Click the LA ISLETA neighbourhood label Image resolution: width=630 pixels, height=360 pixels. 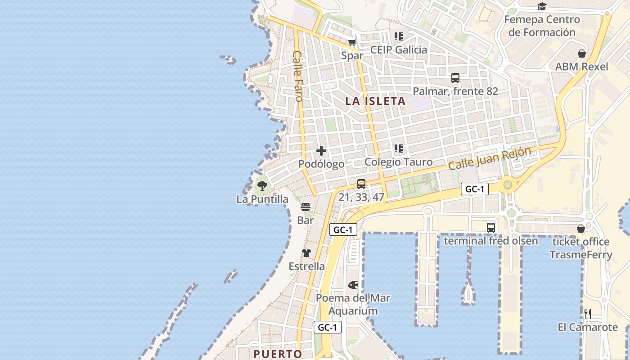tap(375, 101)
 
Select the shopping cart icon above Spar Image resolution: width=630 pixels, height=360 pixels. tap(352, 43)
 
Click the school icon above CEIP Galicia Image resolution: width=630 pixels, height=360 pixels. tap(398, 36)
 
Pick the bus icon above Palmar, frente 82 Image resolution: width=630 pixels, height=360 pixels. tap(455, 78)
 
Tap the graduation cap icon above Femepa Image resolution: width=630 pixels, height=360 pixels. tap(542, 7)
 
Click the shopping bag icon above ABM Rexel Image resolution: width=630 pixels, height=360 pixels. tap(581, 54)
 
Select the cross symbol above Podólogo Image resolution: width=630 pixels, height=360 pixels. tap(321, 151)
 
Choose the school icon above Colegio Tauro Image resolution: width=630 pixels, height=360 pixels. tap(398, 148)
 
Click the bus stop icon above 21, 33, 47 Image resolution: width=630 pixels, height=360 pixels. tap(361, 184)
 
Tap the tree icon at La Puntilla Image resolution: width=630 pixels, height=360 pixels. tap(262, 185)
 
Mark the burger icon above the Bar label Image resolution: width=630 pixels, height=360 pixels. tap(306, 207)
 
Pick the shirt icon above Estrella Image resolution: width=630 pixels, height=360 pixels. tap(306, 253)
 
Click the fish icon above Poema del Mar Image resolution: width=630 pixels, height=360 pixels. tap(353, 285)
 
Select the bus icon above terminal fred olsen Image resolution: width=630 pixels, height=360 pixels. tap(490, 228)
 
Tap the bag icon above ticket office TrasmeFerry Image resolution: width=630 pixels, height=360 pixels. tap(580, 229)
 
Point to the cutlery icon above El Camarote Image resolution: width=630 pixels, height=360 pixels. tap(587, 314)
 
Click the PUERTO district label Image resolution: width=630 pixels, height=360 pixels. tap(278, 354)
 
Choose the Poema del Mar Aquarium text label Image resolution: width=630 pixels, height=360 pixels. tap(353, 304)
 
